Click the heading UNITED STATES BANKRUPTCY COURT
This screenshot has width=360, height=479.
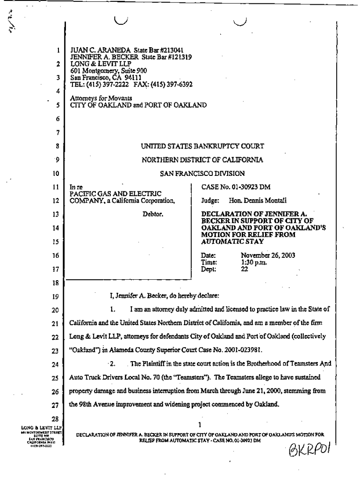[202, 146]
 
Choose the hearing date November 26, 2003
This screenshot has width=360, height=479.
[267, 255]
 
